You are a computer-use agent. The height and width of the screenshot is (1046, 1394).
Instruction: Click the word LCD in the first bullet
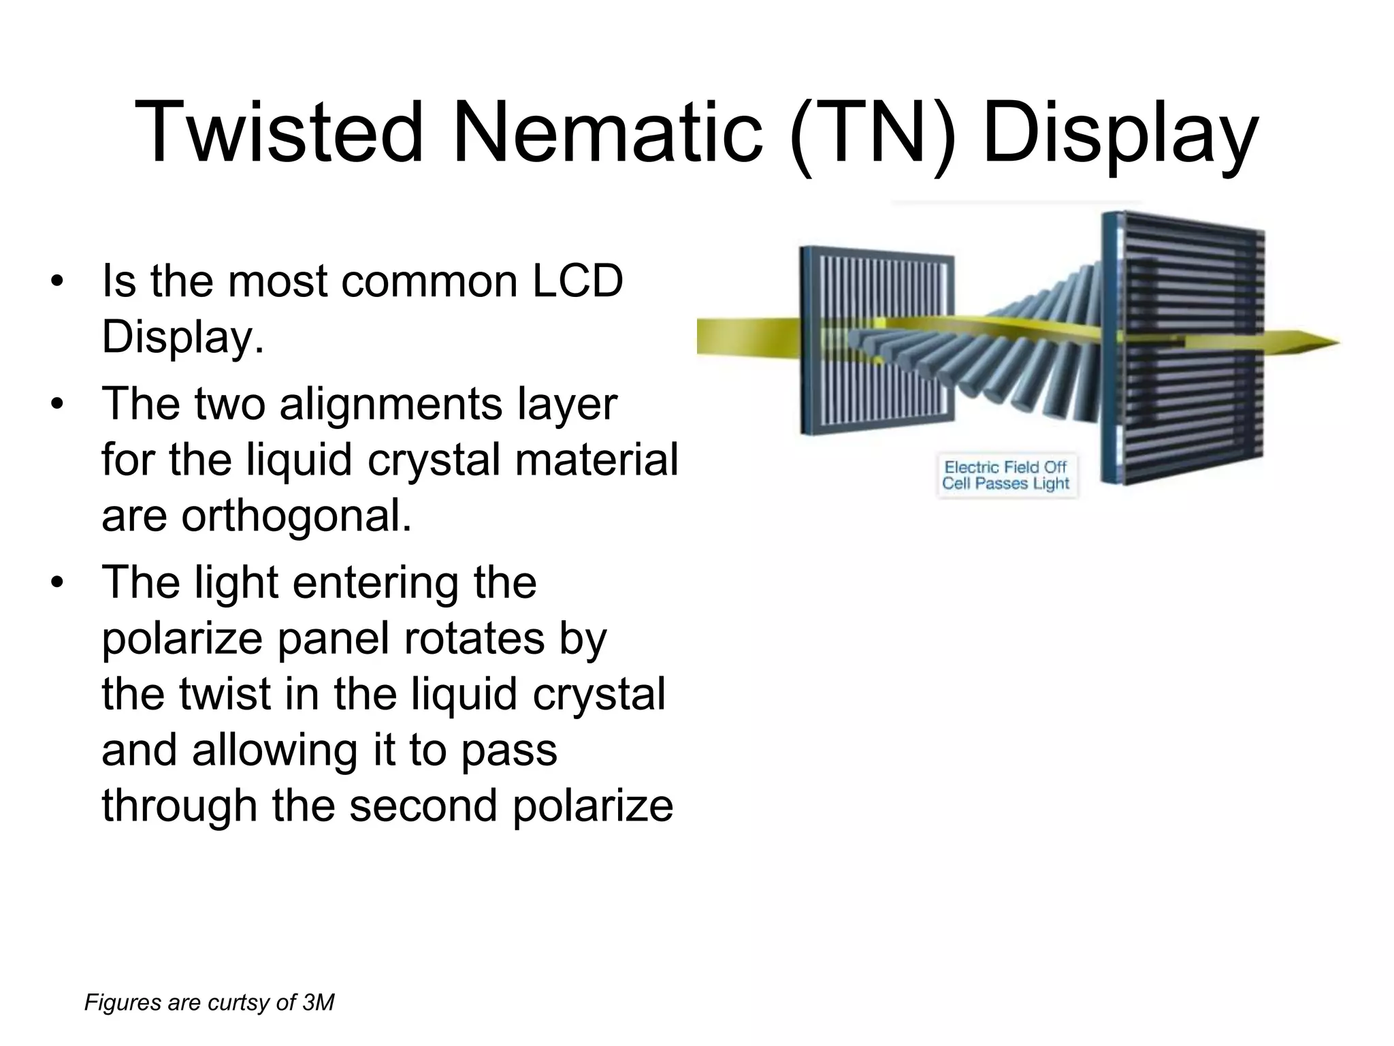coord(577,281)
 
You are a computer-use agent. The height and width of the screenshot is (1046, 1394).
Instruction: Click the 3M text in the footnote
coord(318,1002)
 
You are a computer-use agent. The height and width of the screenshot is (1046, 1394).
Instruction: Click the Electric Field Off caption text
coord(1005,467)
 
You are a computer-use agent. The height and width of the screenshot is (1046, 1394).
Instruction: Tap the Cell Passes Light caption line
coord(1005,484)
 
